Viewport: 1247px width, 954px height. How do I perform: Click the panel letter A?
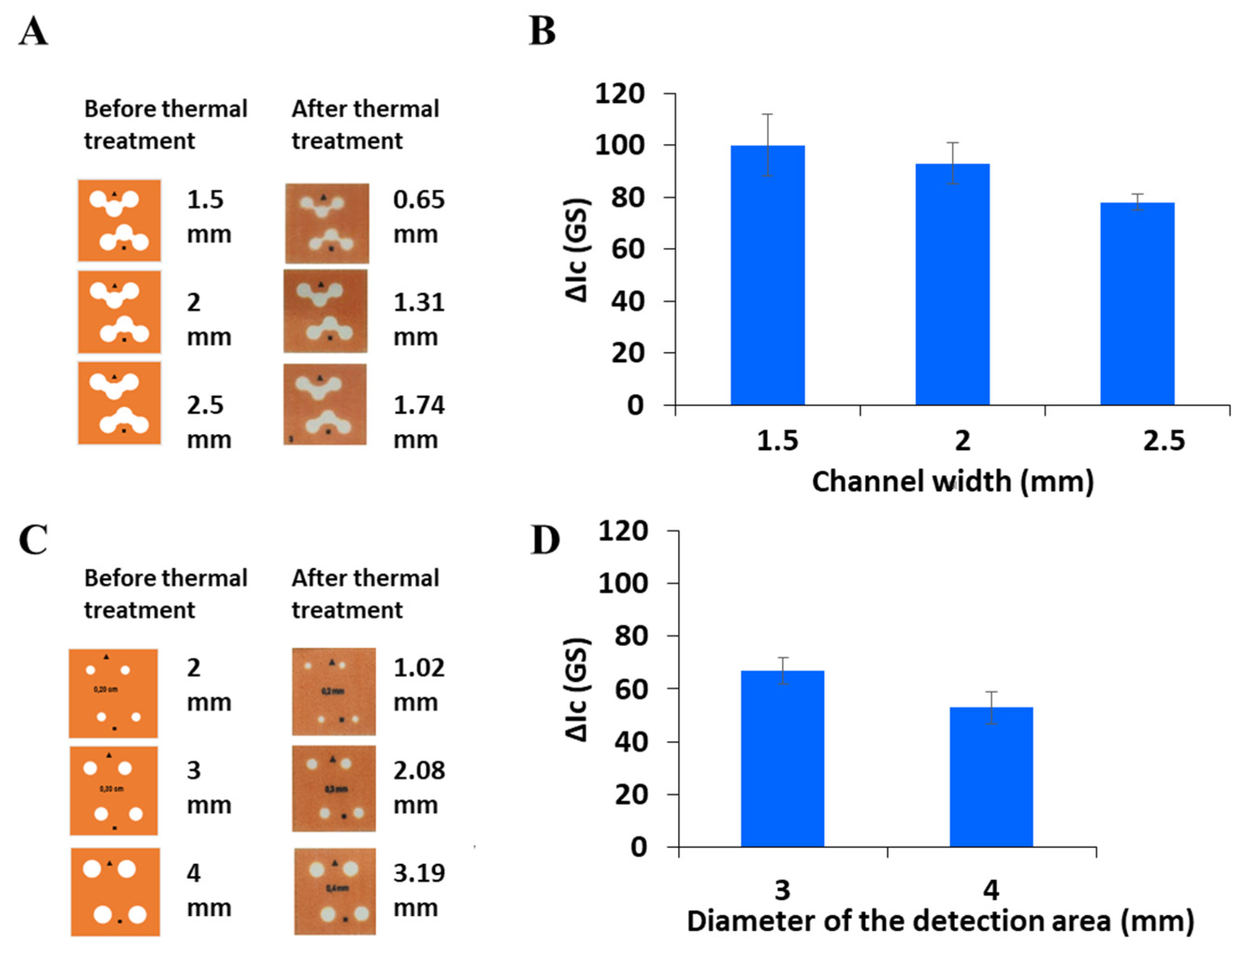point(33,31)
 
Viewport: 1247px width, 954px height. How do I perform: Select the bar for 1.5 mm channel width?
point(767,275)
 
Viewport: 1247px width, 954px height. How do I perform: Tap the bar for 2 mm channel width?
point(952,284)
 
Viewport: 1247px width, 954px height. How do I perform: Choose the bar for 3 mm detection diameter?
point(782,759)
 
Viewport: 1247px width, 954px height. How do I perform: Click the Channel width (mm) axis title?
point(952,481)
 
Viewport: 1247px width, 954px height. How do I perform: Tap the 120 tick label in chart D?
point(623,531)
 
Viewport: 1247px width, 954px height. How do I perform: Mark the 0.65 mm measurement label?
point(418,216)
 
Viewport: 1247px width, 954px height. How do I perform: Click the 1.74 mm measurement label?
point(418,422)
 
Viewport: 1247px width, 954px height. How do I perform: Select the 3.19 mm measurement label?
point(418,890)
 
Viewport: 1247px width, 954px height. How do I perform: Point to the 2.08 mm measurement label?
point(418,787)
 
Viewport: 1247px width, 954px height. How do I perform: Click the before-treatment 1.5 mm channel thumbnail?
point(119,220)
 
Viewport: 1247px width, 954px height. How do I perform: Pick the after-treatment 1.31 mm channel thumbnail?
point(325,311)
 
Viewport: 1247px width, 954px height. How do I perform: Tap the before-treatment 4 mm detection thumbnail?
point(115,891)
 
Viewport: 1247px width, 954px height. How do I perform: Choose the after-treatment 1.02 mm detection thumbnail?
point(334,692)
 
